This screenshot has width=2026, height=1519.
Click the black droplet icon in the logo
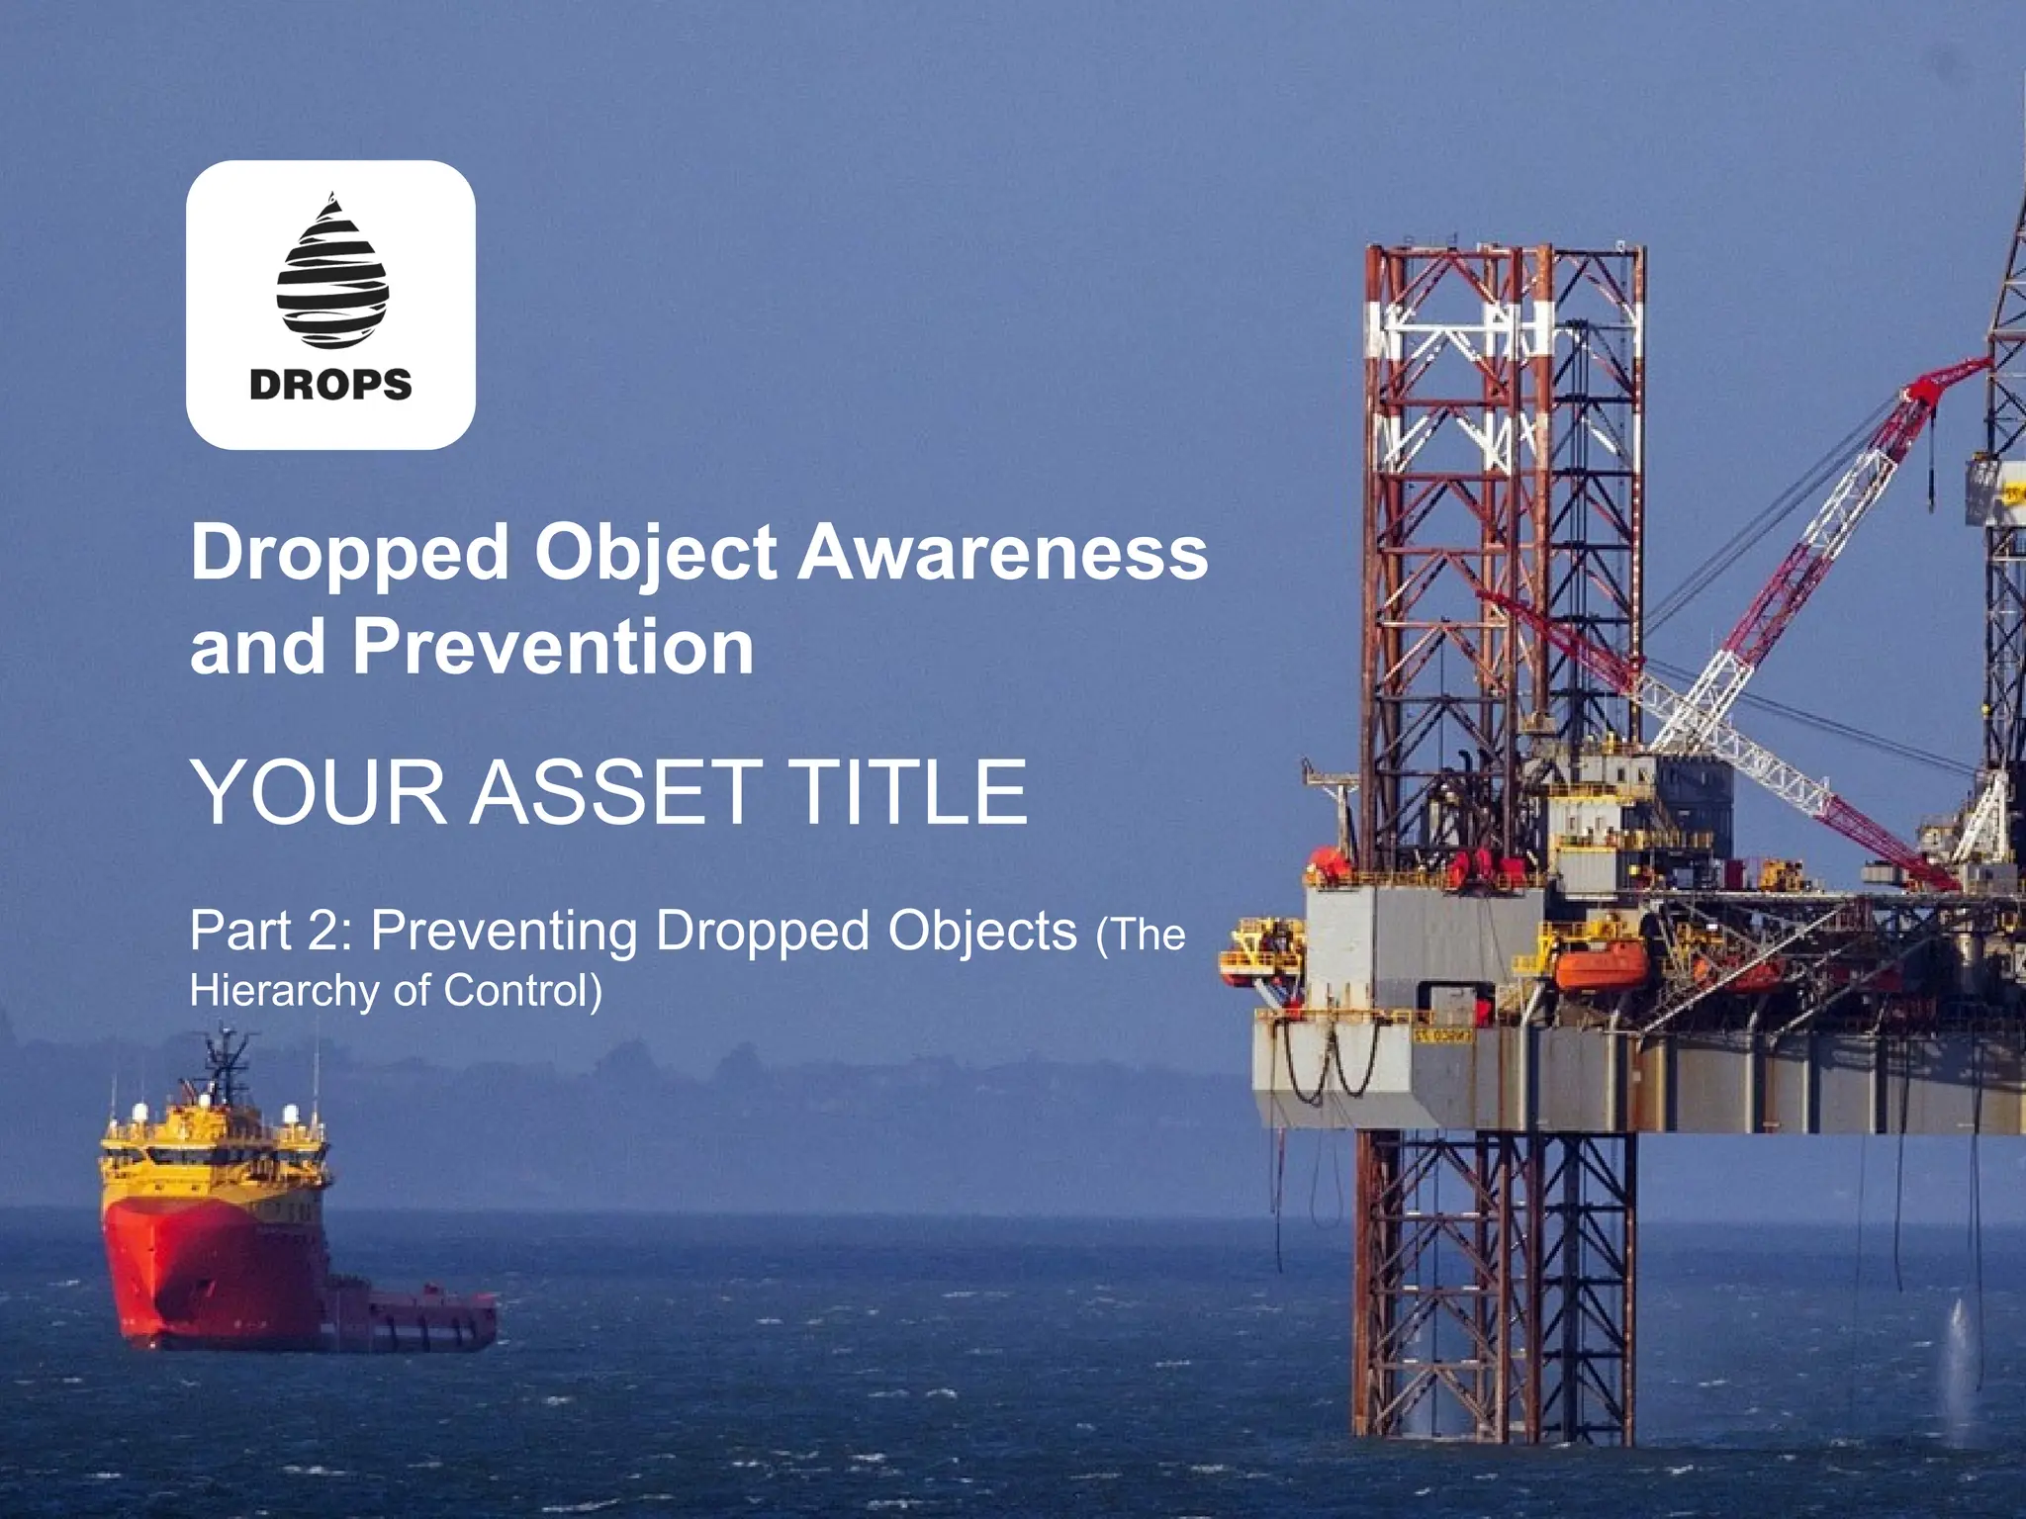pos(331,273)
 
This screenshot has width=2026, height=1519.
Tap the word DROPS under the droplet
pos(330,385)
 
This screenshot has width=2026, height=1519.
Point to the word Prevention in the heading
pos(554,647)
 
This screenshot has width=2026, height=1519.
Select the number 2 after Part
pos(322,932)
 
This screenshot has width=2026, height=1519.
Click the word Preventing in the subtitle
pos(505,932)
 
